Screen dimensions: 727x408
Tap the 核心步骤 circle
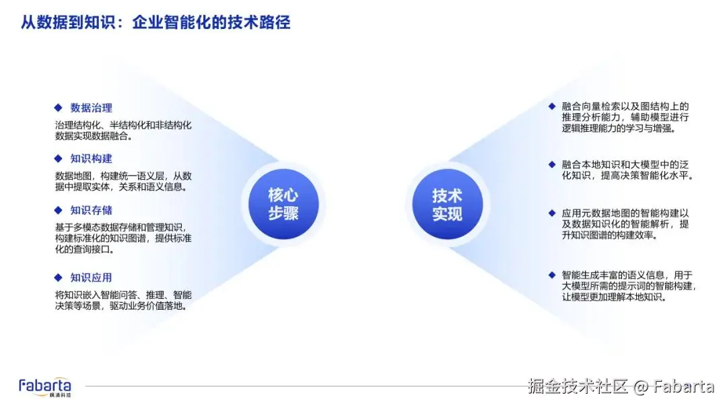click(x=283, y=204)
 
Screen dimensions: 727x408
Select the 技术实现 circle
click(x=447, y=204)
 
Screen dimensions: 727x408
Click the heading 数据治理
click(x=91, y=108)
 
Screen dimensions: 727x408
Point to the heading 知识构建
click(x=91, y=159)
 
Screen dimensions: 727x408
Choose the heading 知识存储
click(x=91, y=210)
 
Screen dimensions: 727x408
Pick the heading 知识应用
click(x=91, y=277)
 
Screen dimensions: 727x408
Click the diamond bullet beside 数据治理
click(x=58, y=108)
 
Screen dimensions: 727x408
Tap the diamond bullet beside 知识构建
click(x=58, y=159)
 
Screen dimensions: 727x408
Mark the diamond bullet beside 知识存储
click(x=58, y=210)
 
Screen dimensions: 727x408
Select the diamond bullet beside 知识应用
click(x=58, y=277)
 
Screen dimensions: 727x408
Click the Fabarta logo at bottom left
click(x=45, y=386)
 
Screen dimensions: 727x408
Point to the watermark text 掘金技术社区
click(x=578, y=386)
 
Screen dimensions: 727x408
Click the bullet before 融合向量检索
click(x=552, y=106)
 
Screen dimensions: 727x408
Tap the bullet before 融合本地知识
click(x=552, y=164)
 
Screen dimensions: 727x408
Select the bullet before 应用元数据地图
click(x=552, y=213)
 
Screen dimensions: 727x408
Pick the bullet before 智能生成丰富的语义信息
click(x=552, y=275)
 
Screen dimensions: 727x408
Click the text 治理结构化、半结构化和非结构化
click(x=123, y=125)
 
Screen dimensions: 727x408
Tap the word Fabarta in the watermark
click(x=683, y=386)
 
